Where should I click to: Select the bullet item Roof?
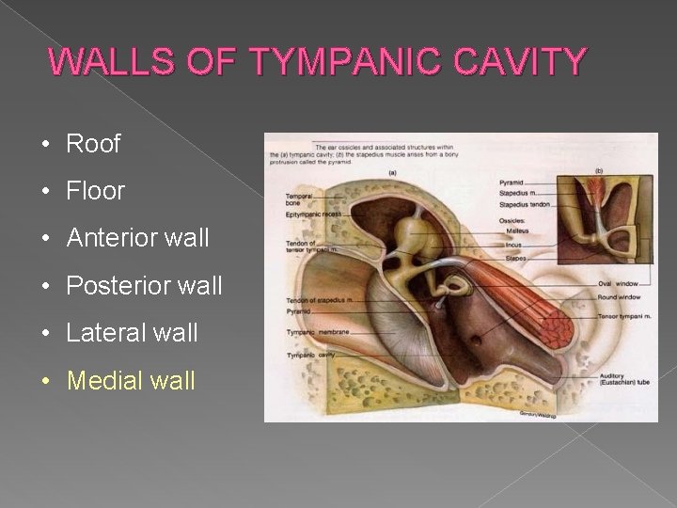pyautogui.click(x=93, y=144)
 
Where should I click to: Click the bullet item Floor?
pyautogui.click(x=95, y=191)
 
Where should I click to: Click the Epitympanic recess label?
pyautogui.click(x=313, y=215)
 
